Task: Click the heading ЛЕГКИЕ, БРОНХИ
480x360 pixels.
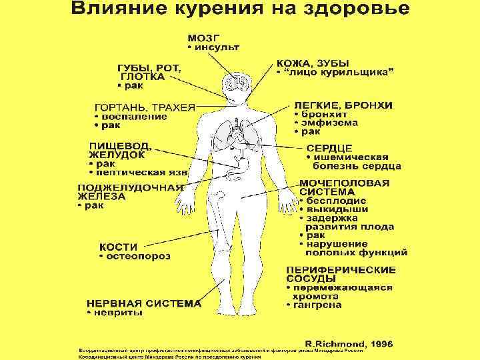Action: point(343,106)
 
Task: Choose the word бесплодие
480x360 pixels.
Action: point(337,200)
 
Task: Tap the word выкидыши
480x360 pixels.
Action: point(336,209)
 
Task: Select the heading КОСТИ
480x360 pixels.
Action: point(119,245)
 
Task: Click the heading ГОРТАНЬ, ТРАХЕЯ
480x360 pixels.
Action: point(145,107)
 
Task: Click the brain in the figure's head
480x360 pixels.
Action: point(237,83)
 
